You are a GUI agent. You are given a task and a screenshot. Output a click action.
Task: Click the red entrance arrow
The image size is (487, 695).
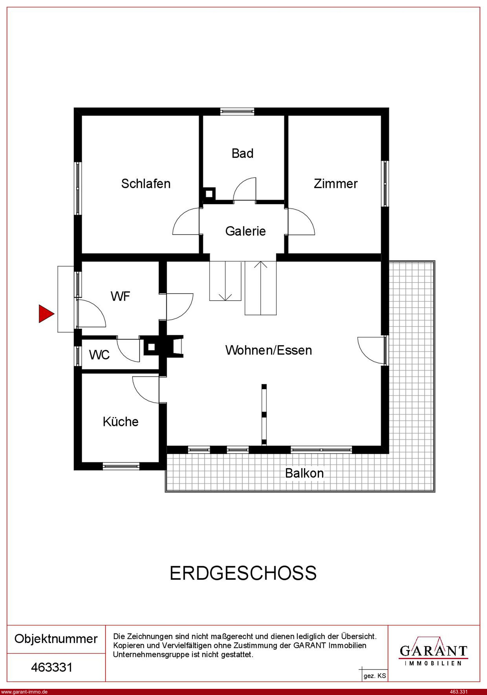tap(46, 314)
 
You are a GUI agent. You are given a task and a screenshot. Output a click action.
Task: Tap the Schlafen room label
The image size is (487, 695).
tap(146, 184)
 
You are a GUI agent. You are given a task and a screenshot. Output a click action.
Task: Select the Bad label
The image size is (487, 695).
tap(242, 153)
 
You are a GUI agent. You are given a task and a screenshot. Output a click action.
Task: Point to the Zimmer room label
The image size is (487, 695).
tap(336, 184)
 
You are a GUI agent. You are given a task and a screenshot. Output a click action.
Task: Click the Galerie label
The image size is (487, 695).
tap(245, 231)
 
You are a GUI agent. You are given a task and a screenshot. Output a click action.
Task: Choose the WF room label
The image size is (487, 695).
tap(120, 296)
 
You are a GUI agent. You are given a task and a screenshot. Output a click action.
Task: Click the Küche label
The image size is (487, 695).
tap(121, 422)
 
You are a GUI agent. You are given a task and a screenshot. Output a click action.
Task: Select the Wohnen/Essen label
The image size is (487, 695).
tap(269, 350)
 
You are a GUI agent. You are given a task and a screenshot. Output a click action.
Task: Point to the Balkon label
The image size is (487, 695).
tap(304, 473)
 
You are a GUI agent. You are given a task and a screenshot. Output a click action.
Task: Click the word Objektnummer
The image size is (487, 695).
tap(56, 639)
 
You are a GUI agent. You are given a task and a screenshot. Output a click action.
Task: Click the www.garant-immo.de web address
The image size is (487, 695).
tap(24, 692)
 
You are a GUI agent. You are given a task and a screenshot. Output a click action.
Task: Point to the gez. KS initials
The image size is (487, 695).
tap(375, 676)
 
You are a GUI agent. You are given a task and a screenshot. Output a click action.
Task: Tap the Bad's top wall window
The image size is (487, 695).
tap(237, 112)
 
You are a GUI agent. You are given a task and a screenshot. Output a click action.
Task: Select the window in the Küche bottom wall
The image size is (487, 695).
tap(121, 466)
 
